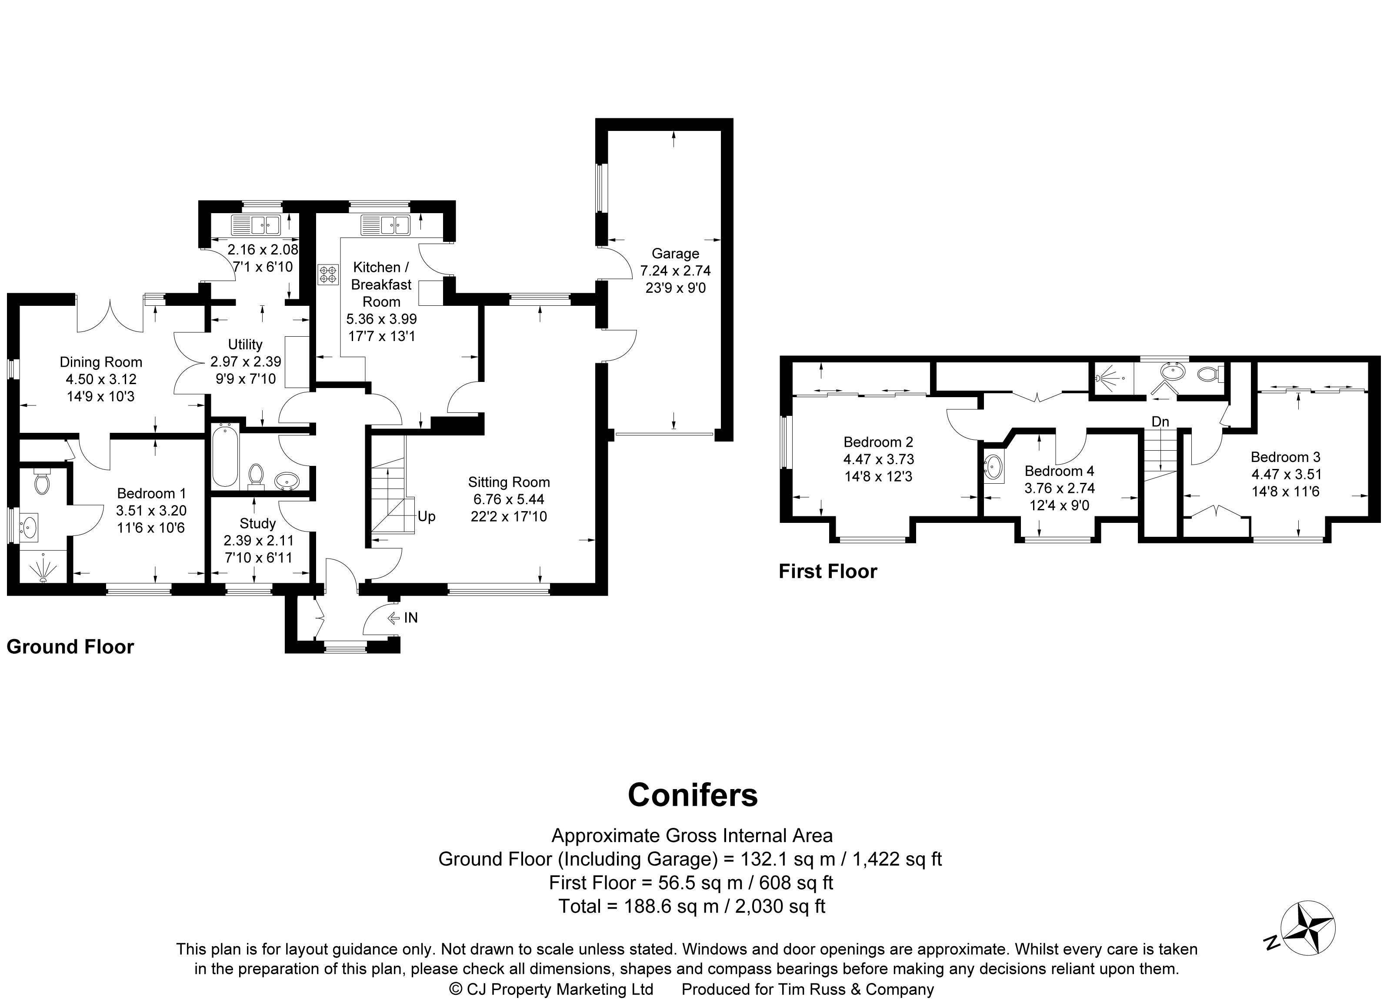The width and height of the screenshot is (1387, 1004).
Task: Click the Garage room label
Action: click(675, 253)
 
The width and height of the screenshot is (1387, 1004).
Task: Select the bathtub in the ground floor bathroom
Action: click(224, 456)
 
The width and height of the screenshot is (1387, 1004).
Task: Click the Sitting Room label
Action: click(509, 482)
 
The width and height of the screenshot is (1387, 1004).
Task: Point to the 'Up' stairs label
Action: click(426, 516)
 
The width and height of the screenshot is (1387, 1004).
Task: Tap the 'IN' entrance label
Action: click(411, 618)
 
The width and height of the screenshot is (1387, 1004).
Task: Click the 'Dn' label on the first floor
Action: click(1160, 422)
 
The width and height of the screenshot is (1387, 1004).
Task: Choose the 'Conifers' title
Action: click(693, 795)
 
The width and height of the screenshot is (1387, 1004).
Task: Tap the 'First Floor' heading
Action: click(827, 572)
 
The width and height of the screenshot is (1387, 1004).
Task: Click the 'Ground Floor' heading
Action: click(70, 647)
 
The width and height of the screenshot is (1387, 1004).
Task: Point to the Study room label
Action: click(257, 524)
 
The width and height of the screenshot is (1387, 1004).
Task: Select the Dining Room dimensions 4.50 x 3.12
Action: click(101, 379)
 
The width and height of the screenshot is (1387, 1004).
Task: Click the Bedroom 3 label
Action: click(1286, 457)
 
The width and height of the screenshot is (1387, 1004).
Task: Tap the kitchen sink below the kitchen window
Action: click(385, 225)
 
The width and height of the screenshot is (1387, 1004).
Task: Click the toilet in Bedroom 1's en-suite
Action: click(42, 482)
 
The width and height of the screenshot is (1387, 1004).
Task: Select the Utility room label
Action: click(245, 345)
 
